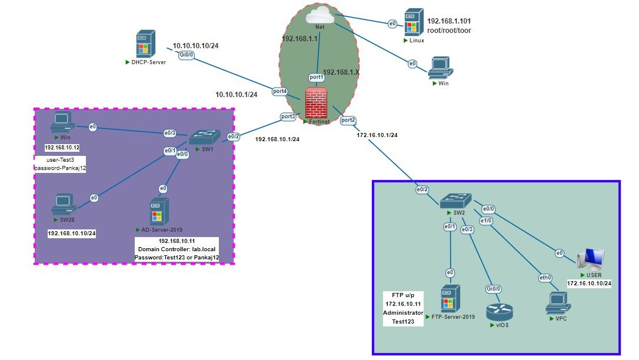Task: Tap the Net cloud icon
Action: point(320,16)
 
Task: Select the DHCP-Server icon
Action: point(144,45)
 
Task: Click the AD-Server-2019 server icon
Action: point(159,212)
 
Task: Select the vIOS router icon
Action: point(500,312)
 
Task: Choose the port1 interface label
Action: point(317,78)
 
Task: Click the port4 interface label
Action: point(280,91)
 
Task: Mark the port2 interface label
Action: point(348,120)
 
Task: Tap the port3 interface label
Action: point(288,116)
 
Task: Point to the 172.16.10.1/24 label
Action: point(377,135)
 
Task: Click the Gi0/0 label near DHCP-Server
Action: point(186,55)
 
